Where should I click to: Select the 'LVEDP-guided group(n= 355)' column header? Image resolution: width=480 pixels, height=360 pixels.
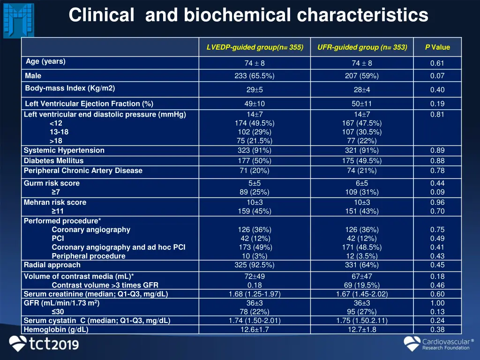(255, 47)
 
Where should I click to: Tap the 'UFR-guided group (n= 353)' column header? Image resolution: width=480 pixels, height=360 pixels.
(362, 47)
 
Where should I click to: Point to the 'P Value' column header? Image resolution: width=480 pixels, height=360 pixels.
(437, 47)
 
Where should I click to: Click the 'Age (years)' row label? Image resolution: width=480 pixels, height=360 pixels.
(45, 61)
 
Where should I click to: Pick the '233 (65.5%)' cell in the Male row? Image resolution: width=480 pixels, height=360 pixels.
(255, 76)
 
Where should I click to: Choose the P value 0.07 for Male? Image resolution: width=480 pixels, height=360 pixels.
(437, 76)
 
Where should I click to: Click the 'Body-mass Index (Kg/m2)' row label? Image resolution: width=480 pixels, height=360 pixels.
(70, 88)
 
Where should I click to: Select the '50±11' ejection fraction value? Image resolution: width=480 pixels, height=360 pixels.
(362, 104)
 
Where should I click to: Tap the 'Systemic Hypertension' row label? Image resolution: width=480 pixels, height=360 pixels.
(64, 150)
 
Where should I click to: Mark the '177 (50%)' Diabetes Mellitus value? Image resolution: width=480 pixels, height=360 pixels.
(255, 161)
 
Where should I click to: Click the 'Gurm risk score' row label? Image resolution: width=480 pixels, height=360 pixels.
(52, 183)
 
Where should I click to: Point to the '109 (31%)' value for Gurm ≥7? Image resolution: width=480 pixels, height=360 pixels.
(362, 192)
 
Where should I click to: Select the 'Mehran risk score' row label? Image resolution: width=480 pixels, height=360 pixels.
(55, 202)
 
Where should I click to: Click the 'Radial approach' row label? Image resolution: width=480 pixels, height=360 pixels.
(52, 265)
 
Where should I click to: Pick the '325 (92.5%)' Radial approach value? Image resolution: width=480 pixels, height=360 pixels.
(255, 265)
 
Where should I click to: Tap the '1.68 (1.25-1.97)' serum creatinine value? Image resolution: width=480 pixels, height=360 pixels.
(255, 294)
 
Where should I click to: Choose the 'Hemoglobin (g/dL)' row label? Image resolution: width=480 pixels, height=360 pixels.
(56, 330)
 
